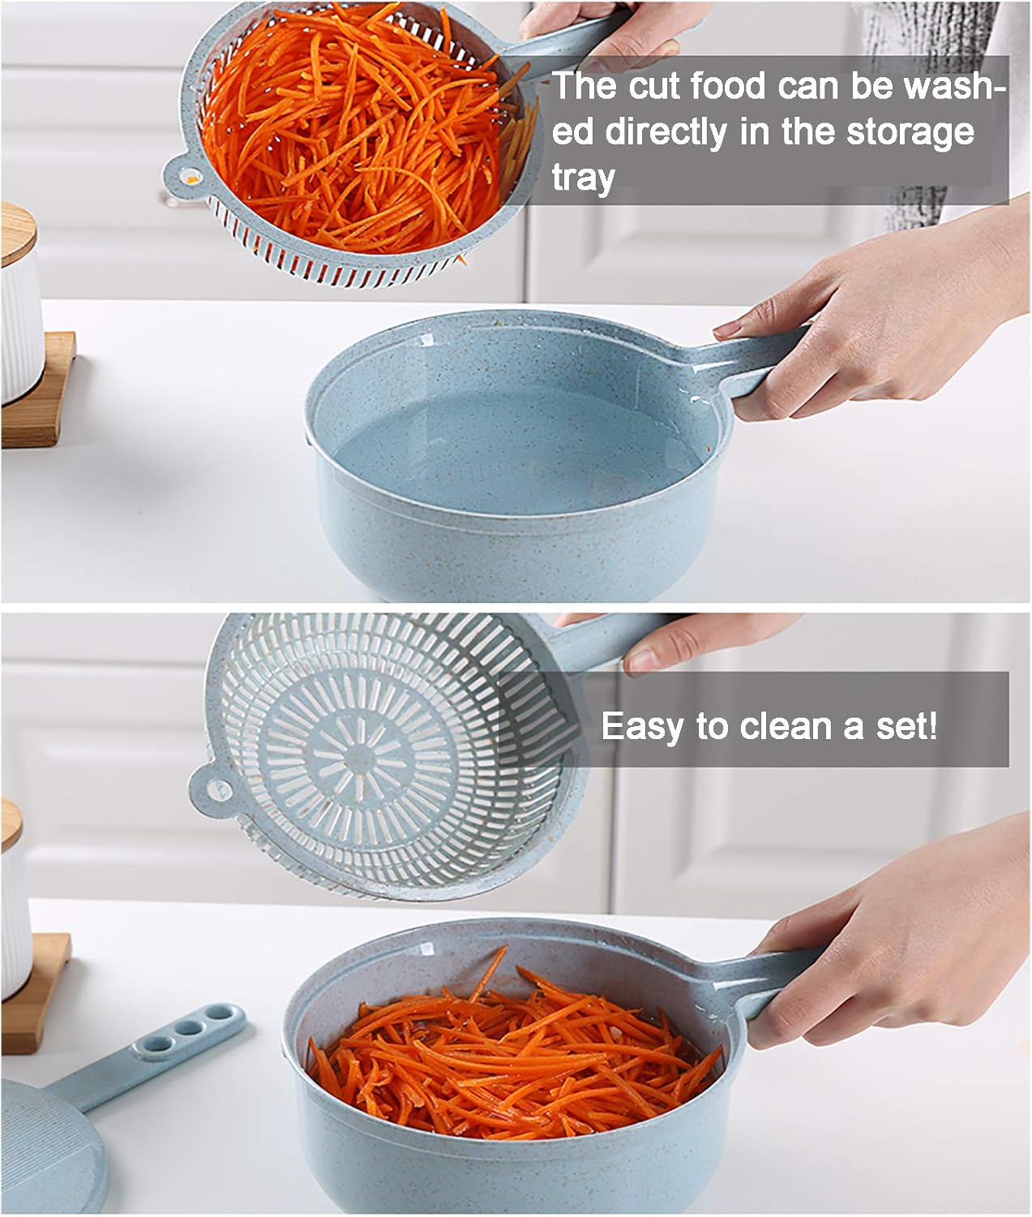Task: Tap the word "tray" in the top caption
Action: point(583,178)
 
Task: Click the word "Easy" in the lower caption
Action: point(640,726)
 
